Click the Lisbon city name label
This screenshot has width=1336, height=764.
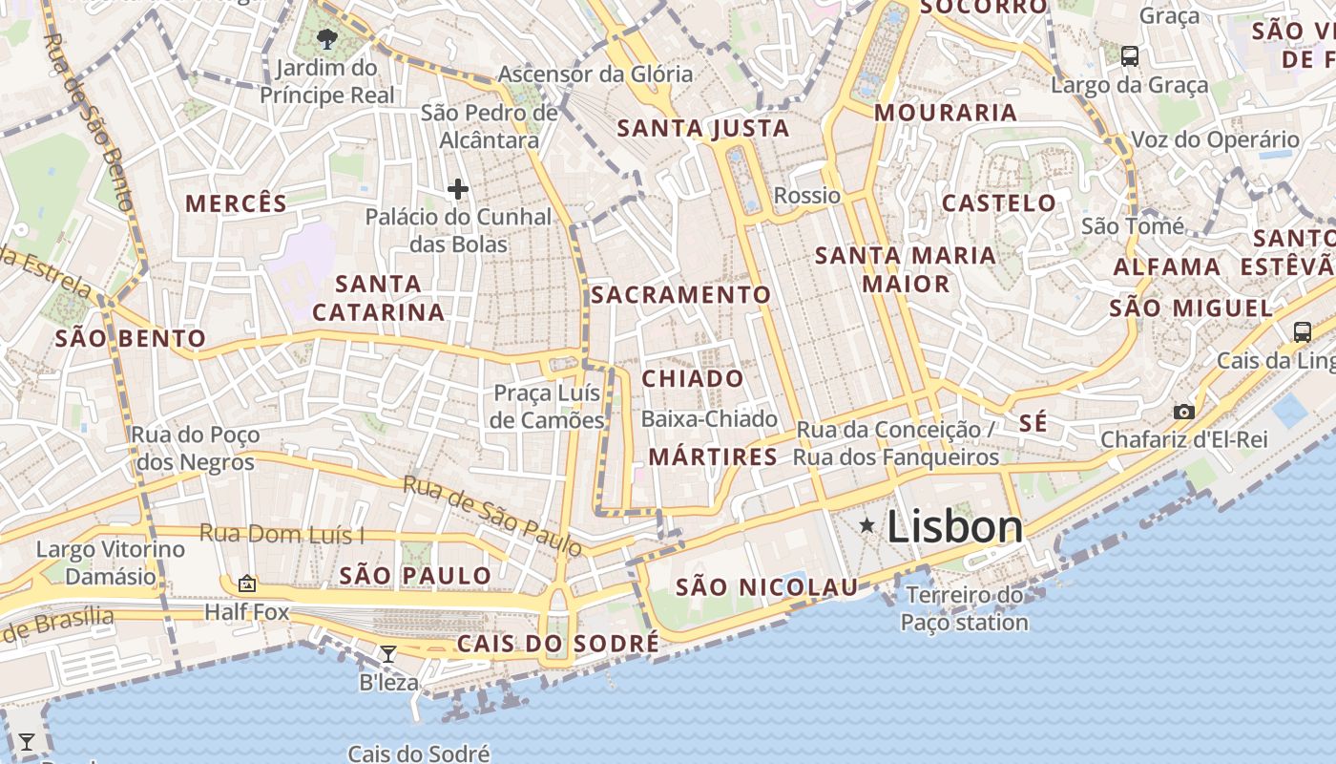954,527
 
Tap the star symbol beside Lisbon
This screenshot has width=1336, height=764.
866,524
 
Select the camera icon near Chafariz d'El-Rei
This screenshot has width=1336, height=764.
1184,412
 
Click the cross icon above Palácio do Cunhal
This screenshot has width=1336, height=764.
458,189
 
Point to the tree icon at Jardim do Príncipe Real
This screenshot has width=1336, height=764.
326,39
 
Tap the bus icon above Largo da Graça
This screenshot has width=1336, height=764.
1130,56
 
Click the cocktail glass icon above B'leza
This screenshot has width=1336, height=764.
388,654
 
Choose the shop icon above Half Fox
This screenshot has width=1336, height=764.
247,583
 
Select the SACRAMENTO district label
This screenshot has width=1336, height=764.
680,295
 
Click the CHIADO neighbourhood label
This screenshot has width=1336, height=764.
693,378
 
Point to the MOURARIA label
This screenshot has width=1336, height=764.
946,113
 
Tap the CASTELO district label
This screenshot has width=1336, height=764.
999,202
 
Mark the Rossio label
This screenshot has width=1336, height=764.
807,196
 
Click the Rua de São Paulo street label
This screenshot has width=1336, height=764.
492,516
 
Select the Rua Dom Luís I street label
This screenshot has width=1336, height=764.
282,535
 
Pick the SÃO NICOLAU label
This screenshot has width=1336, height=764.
767,587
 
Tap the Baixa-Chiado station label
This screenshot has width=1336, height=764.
709,418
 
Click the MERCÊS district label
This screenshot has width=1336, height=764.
236,203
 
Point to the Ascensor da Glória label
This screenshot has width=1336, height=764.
595,74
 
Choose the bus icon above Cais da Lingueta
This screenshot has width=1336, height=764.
1302,332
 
